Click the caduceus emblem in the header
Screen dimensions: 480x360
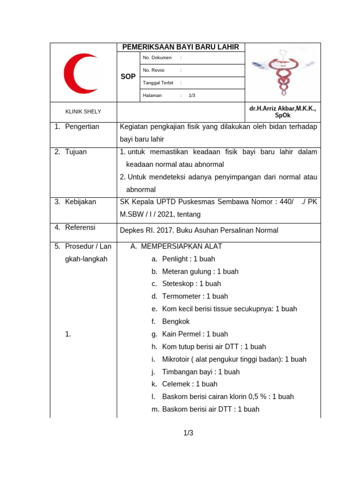(x=283, y=72)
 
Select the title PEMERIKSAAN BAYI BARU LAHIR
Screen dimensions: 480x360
(x=180, y=47)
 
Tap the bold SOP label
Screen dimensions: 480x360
(x=128, y=76)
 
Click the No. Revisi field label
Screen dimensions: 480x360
(x=155, y=70)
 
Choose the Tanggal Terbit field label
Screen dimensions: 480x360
(x=158, y=82)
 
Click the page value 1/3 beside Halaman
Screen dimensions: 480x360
(x=192, y=95)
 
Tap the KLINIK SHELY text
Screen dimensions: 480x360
(x=83, y=112)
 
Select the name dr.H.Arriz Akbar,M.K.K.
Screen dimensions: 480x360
(x=282, y=108)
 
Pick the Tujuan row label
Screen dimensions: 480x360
(x=75, y=152)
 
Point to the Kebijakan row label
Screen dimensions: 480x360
(x=80, y=202)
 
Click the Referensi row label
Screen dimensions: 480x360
(x=80, y=227)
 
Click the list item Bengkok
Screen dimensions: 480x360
(x=176, y=322)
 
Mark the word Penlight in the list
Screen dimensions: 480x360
(x=175, y=259)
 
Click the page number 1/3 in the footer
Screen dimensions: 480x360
(x=188, y=433)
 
